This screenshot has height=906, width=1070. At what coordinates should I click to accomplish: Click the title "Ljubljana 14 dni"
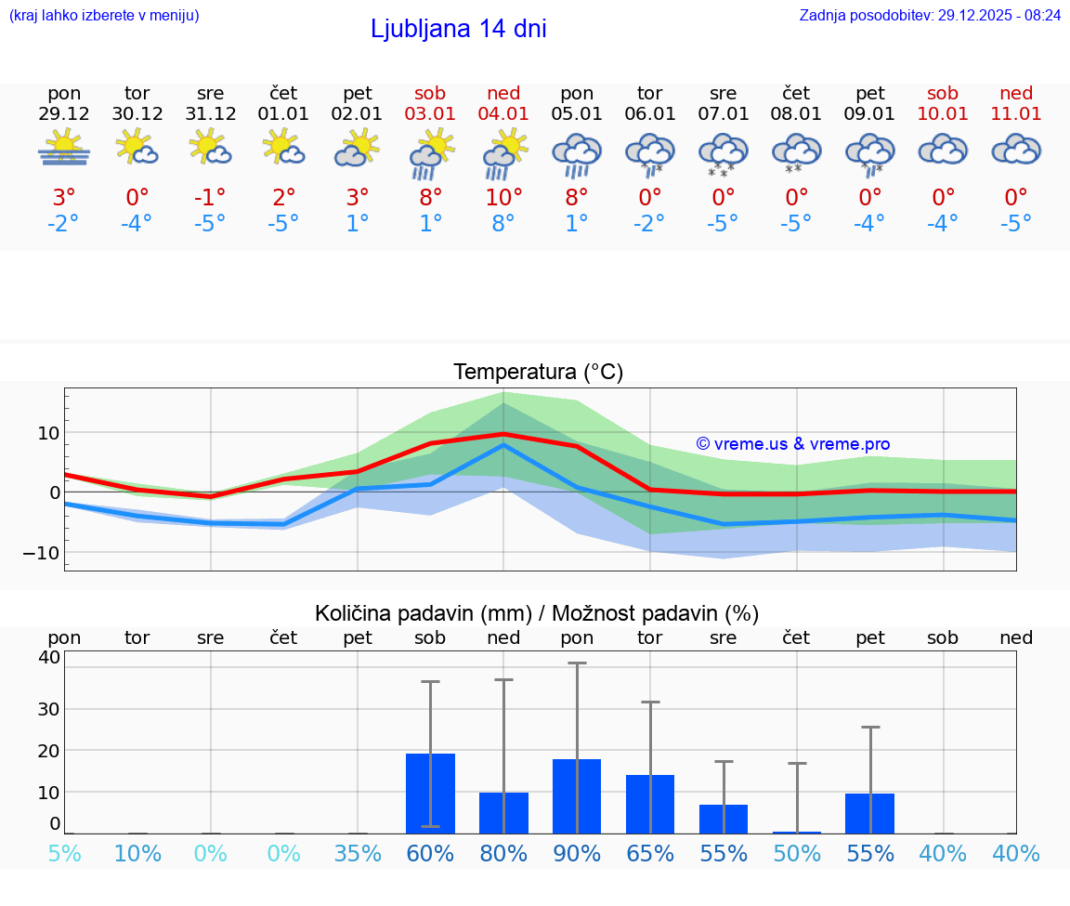[x=458, y=29]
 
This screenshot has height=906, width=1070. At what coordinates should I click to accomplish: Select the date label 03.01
[x=430, y=113]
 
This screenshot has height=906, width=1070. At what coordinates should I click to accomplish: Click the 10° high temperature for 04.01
[x=503, y=197]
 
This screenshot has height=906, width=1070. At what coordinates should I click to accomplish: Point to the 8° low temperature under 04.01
[x=503, y=224]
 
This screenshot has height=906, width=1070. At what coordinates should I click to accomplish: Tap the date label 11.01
[x=1016, y=113]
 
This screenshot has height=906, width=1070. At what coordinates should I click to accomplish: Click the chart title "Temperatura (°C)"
[x=538, y=372]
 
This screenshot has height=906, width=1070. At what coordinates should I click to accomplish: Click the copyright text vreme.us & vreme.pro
[x=793, y=444]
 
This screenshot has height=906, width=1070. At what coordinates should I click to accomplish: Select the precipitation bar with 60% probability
[x=430, y=793]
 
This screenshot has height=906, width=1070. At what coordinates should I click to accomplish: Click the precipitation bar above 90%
[x=577, y=795]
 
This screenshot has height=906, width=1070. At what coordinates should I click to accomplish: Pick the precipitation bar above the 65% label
[x=650, y=804]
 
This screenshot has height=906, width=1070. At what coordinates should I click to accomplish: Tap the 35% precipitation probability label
[x=358, y=853]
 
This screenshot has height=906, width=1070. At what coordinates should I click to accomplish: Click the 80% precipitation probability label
[x=503, y=853]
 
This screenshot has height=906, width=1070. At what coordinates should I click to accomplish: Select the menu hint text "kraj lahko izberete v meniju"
[x=104, y=15]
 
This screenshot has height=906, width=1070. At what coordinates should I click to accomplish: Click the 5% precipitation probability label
[x=64, y=853]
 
